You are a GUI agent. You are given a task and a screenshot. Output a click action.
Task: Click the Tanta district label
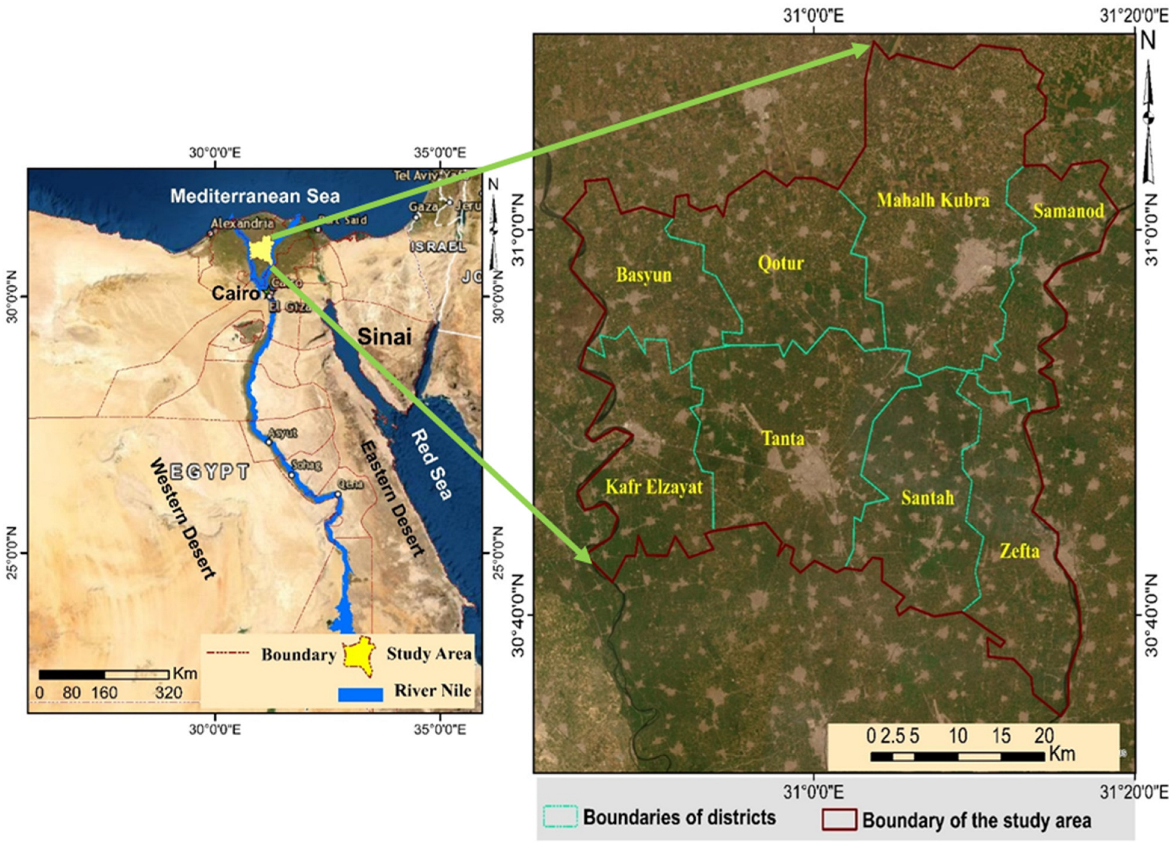tap(783, 439)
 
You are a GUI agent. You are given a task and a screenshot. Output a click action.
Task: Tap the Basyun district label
tap(644, 274)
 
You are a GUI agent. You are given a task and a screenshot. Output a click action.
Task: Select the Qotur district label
tap(780, 263)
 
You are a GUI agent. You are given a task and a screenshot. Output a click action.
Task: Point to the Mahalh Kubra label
tap(933, 200)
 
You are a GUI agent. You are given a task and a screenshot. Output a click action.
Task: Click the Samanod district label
tap(1068, 211)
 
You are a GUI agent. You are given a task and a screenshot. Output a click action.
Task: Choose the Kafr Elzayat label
tap(654, 487)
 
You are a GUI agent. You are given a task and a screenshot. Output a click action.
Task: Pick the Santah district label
tap(927, 498)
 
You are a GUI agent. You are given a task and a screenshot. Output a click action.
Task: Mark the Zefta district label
tap(1020, 551)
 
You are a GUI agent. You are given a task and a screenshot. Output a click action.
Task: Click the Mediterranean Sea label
tap(255, 196)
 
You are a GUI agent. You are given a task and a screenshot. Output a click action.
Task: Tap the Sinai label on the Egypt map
tap(384, 337)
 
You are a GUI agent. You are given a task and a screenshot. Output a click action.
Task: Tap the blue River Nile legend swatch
tap(360, 694)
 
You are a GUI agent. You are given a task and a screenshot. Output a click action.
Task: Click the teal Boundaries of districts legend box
tap(560, 817)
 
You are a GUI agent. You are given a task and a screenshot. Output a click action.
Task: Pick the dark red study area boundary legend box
tap(838, 820)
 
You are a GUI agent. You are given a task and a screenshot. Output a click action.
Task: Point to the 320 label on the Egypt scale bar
tap(169, 693)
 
